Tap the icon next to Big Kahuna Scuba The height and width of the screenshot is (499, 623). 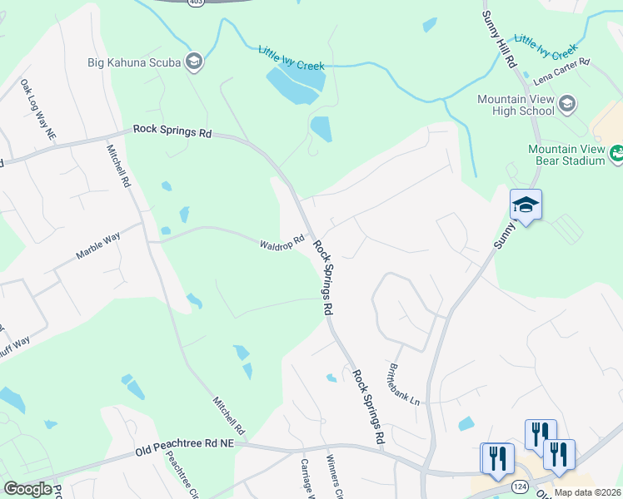click(194, 61)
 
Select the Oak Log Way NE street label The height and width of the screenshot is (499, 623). click(38, 109)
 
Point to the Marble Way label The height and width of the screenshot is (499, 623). click(98, 246)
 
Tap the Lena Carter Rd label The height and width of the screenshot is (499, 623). click(562, 69)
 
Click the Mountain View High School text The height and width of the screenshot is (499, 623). click(516, 105)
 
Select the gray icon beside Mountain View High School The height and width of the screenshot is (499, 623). click(567, 104)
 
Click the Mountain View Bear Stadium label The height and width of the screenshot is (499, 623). click(566, 154)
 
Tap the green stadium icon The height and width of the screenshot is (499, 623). click(617, 152)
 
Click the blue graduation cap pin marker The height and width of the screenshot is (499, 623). click(526, 205)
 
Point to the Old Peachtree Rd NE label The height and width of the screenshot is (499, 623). click(185, 448)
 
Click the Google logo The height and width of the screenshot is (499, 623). click(27, 489)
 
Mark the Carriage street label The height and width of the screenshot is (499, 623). click(306, 478)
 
